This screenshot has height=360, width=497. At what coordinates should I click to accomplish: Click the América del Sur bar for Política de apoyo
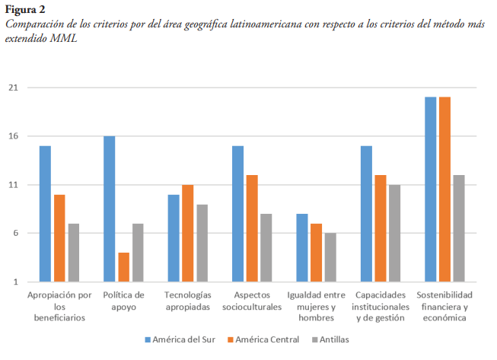tap(109, 209)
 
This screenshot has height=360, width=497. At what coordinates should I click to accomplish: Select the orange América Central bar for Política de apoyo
tap(123, 266)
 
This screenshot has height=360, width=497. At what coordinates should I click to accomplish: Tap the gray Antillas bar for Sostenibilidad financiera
tap(458, 228)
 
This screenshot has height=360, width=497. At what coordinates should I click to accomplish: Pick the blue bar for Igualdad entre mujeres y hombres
tap(301, 247)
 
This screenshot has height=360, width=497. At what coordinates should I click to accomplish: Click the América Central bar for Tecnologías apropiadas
tap(187, 233)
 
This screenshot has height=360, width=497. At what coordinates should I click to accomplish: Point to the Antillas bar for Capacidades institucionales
tap(394, 233)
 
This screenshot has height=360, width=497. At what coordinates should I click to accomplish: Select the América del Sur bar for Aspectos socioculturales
tap(237, 213)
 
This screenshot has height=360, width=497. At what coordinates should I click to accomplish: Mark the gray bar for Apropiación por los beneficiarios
tap(73, 252)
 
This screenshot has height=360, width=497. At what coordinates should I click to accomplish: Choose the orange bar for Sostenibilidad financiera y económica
tap(444, 190)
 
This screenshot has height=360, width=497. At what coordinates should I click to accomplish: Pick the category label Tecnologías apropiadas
tap(187, 301)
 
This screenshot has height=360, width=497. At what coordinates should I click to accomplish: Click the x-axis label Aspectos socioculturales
tap(252, 301)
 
